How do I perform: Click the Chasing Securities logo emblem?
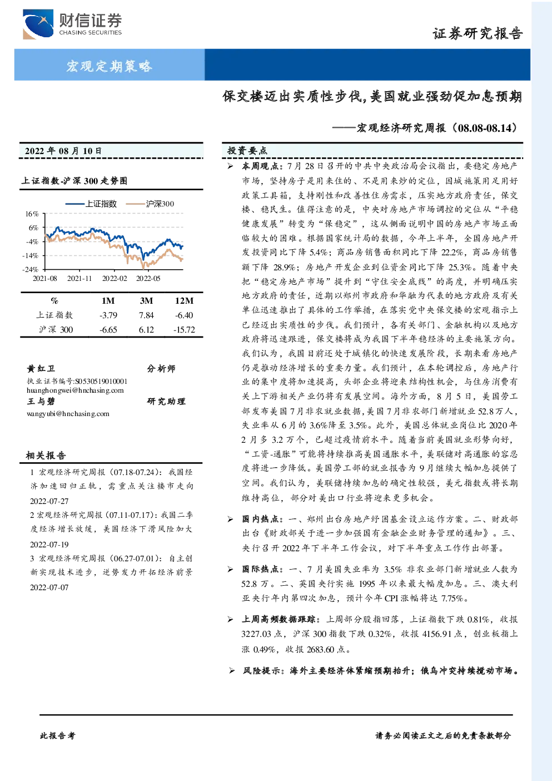[38, 24]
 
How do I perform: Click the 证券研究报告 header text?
[478, 33]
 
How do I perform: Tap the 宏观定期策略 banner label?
[109, 66]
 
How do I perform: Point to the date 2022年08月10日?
[63, 151]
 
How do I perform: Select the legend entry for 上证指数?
[91, 204]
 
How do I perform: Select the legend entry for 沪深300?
[150, 204]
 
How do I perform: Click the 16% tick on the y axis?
[32, 214]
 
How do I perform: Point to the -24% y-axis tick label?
[31, 270]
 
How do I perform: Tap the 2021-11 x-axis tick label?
[79, 278]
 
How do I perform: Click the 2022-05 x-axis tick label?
[148, 278]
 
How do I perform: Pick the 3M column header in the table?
[146, 300]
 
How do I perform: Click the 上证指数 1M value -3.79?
[108, 315]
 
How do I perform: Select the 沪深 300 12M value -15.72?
[185, 329]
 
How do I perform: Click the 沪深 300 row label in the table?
[56, 329]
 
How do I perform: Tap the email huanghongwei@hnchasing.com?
[75, 390]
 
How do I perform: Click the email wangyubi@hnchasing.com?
[68, 414]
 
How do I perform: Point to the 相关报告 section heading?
[46, 456]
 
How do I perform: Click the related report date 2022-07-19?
[49, 545]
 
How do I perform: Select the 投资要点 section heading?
[247, 151]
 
